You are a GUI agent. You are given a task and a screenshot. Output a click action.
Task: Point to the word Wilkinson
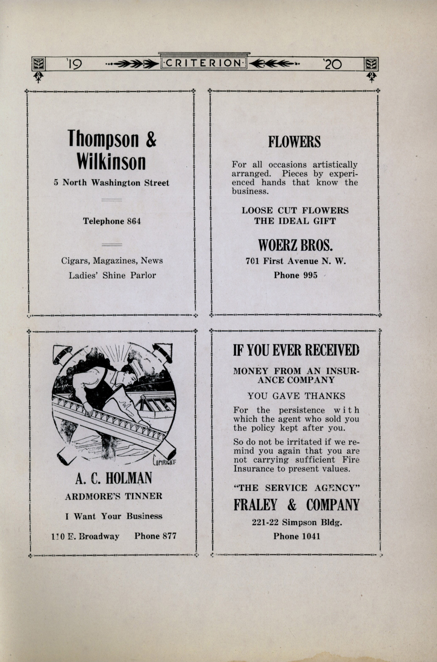(x=111, y=161)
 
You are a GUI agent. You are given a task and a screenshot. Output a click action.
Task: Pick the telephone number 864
(x=134, y=221)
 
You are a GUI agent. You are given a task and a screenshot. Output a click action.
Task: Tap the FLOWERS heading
(x=294, y=142)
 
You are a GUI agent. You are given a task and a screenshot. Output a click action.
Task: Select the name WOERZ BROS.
(x=295, y=245)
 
